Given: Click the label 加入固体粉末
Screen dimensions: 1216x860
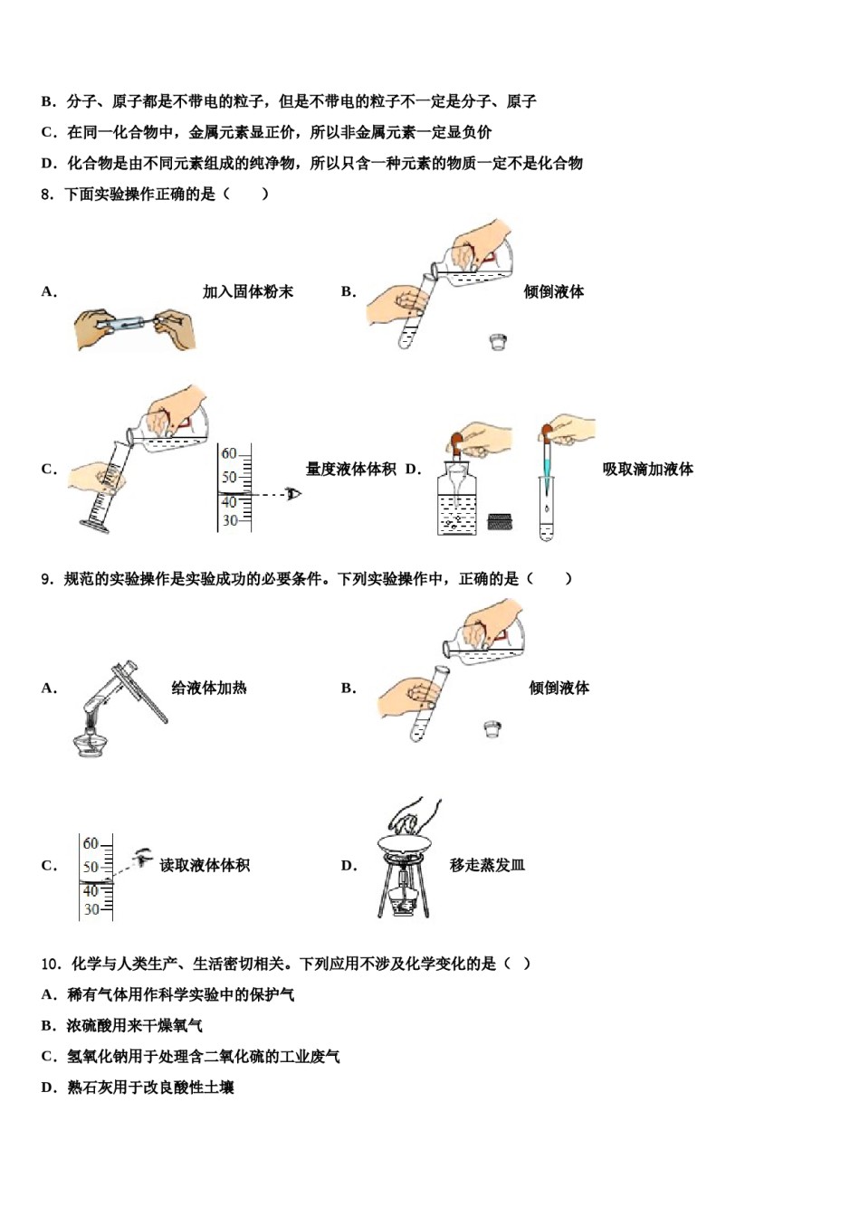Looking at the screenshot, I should tap(247, 291).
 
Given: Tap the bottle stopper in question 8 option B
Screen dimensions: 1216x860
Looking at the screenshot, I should tap(497, 342).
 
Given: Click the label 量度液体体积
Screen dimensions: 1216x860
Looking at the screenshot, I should tap(350, 469).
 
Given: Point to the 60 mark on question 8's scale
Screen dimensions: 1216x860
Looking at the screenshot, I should tap(229, 453).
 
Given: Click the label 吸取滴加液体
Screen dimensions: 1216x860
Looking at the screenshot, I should tap(647, 469).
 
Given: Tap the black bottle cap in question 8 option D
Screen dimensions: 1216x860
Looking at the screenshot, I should tap(500, 522).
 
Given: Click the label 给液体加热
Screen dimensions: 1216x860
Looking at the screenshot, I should tap(208, 688).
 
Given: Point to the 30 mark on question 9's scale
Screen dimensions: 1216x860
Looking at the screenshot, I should tap(91, 909).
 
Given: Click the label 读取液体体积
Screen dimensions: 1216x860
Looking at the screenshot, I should tap(205, 865).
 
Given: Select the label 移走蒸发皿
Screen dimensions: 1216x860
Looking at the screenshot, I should tap(487, 865).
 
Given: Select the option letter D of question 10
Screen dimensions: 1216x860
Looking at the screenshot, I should tap(48, 1087).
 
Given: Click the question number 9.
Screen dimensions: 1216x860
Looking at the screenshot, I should tap(47, 579).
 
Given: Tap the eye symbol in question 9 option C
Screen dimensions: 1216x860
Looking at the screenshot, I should tap(141, 855).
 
